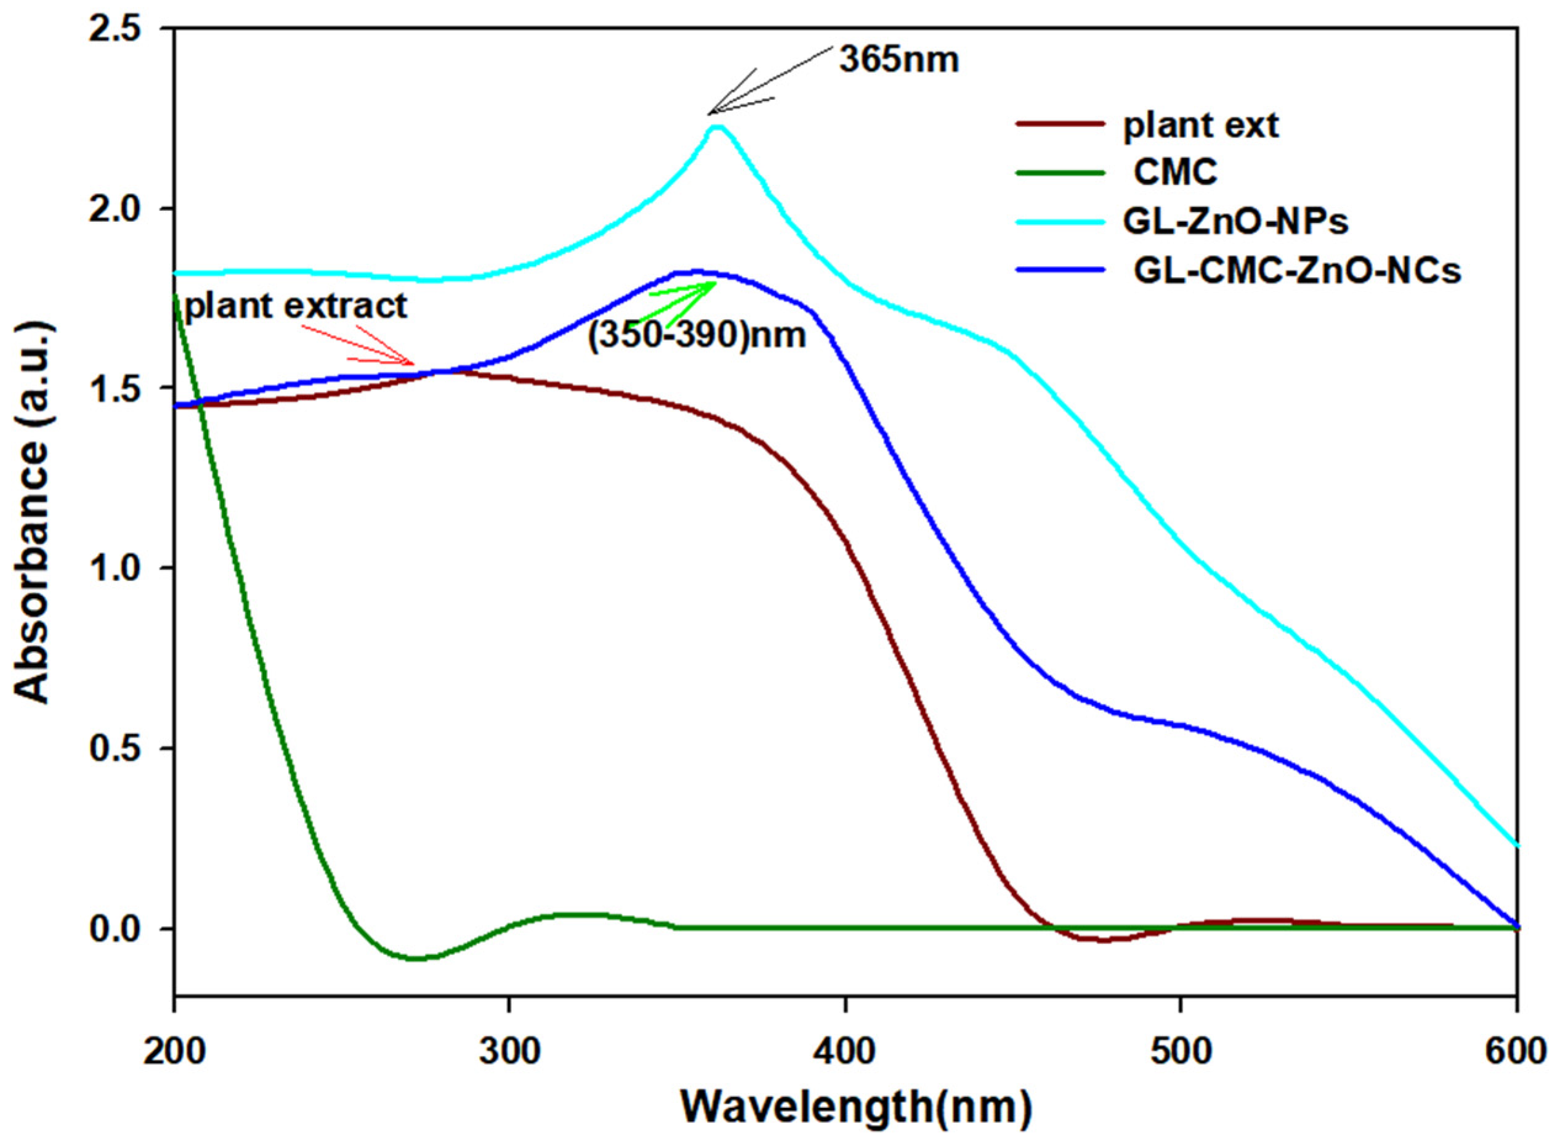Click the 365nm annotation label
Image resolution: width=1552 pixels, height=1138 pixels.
[899, 60]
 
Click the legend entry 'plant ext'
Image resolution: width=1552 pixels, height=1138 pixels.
[1201, 126]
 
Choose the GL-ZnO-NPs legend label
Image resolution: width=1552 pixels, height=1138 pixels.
[1235, 222]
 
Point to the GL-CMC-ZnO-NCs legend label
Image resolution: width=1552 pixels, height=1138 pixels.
[1296, 272]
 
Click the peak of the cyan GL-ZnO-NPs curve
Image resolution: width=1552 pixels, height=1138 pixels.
[718, 127]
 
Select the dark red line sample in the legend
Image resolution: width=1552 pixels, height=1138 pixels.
[1061, 124]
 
